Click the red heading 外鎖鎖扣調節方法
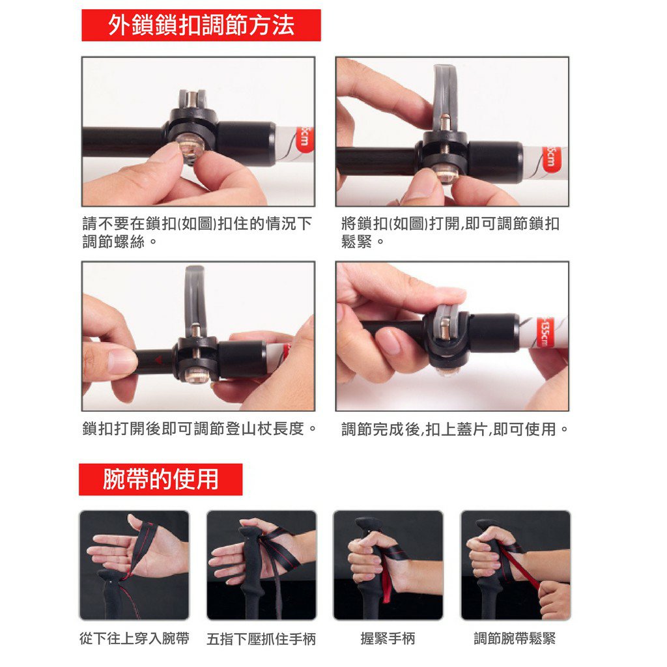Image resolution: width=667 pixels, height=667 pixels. tap(201, 25)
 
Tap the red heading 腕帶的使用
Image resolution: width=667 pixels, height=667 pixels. tap(161, 479)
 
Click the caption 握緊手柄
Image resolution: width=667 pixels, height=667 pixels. tap(388, 638)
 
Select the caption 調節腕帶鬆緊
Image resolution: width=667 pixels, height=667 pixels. tap(515, 638)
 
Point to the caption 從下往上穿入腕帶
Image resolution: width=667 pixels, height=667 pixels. tap(134, 638)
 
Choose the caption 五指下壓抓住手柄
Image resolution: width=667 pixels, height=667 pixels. tap(261, 639)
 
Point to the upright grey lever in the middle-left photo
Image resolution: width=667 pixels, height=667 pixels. tap(195, 298)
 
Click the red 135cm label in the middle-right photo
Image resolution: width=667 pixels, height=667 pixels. tap(544, 332)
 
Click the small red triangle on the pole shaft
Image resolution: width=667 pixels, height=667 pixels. tap(158, 360)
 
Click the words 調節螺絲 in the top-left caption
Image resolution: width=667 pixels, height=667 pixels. tap(113, 242)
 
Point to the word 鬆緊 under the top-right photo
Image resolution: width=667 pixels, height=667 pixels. tap(356, 242)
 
